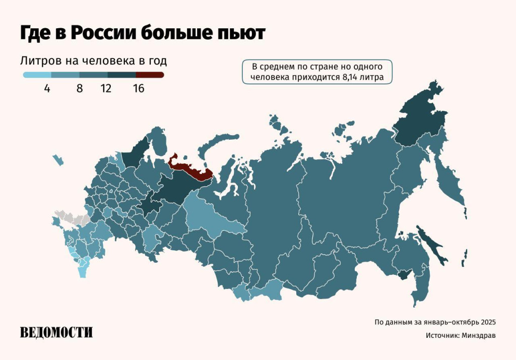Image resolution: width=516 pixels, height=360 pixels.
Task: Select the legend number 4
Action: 47,89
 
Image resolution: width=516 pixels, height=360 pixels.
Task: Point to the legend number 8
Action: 79,89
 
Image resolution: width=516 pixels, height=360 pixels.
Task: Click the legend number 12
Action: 106,89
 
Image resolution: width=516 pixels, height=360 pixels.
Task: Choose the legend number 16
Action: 139,89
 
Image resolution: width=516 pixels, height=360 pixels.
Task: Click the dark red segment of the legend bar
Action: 150,75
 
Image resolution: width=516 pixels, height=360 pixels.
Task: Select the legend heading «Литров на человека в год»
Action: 93,61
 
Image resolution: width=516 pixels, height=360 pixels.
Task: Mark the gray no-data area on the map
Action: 71,218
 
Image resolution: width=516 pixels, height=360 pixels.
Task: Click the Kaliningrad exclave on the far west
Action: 58,160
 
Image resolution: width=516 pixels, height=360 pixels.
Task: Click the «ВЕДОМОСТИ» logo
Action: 56,332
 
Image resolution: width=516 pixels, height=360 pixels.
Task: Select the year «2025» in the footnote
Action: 488,322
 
